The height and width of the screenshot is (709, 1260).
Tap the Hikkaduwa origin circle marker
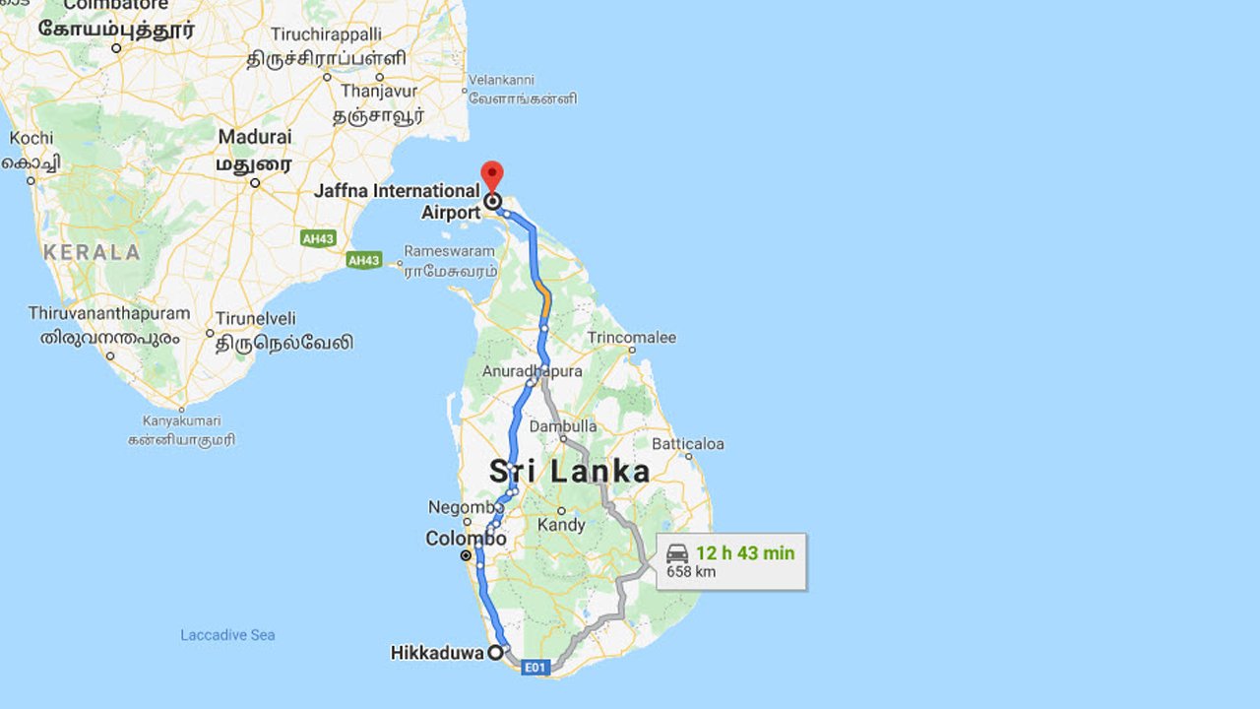click(x=496, y=652)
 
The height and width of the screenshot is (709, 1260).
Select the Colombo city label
click(x=466, y=539)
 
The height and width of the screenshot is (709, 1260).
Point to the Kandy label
click(x=561, y=526)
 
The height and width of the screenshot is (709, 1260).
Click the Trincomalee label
click(x=632, y=338)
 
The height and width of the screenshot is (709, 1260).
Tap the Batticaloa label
click(x=687, y=444)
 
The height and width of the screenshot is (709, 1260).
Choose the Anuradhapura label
click(x=532, y=371)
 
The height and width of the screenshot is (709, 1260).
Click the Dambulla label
click(x=563, y=426)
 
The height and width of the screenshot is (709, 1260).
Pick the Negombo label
click(x=459, y=507)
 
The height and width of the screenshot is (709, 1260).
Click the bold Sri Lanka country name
click(x=570, y=472)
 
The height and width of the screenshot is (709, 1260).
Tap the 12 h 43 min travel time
click(x=744, y=552)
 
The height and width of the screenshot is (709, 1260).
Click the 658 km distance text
click(x=691, y=572)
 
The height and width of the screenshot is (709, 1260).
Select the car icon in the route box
click(x=677, y=552)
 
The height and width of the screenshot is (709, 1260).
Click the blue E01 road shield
click(x=534, y=668)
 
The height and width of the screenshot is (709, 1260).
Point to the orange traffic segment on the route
click(x=544, y=298)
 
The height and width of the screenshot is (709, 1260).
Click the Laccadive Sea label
click(x=227, y=635)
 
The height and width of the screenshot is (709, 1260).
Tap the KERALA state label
click(x=92, y=252)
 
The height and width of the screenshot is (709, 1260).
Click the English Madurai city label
click(x=255, y=137)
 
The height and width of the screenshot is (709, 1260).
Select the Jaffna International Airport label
click(x=397, y=201)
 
